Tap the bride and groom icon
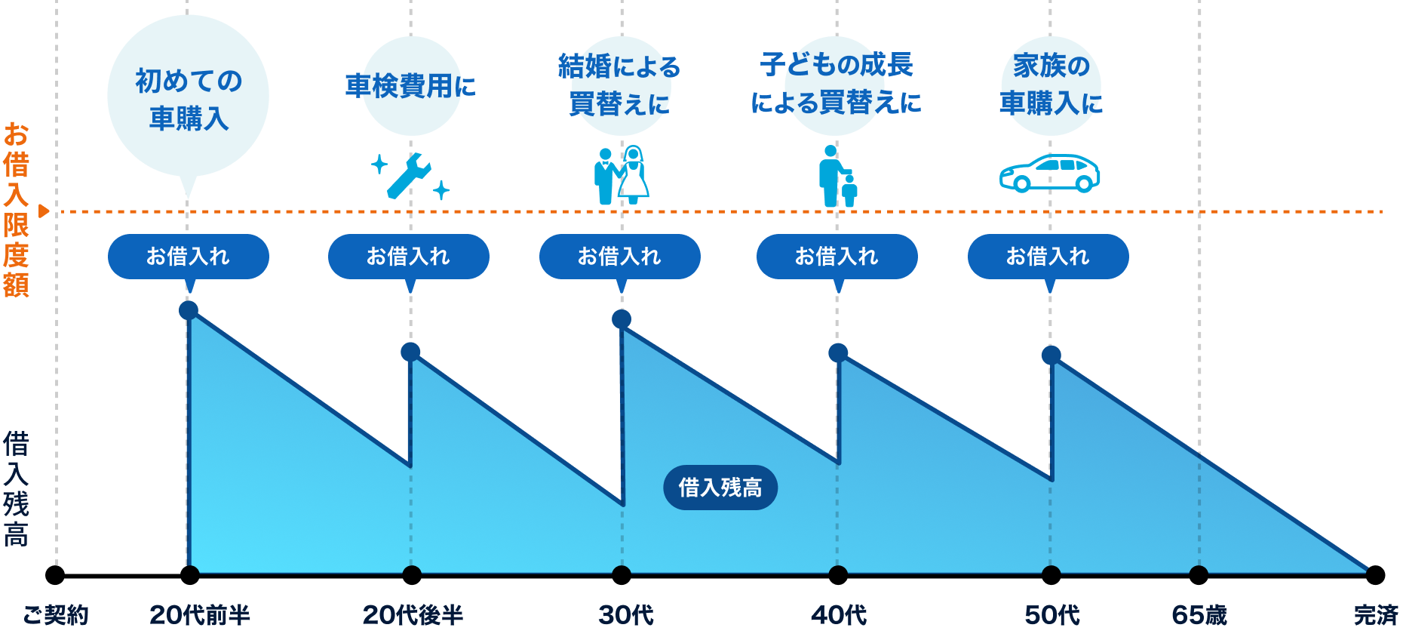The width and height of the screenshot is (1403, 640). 621,175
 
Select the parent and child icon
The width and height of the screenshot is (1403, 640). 837,176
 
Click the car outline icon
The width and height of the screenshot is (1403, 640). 1049,173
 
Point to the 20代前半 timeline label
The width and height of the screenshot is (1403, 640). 200,615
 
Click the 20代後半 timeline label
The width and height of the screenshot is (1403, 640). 413,615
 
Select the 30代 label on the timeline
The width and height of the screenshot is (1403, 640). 626,615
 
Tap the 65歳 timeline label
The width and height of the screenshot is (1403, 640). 1199,615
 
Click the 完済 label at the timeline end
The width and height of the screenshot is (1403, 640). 1376,615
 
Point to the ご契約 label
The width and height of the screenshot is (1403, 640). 56,615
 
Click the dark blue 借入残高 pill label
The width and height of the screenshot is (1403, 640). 720,488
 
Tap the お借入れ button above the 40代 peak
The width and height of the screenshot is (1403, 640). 837,257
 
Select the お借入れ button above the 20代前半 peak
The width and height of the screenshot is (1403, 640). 189,257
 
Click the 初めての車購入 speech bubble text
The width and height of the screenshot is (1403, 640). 189,99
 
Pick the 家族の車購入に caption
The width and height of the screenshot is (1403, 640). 1051,84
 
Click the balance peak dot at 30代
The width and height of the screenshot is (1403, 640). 622,318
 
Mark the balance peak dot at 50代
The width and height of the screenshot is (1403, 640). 1051,355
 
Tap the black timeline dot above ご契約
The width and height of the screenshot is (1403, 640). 55,575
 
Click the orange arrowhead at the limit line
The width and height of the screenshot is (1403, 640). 44,211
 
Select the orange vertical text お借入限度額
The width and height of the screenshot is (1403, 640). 16,210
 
